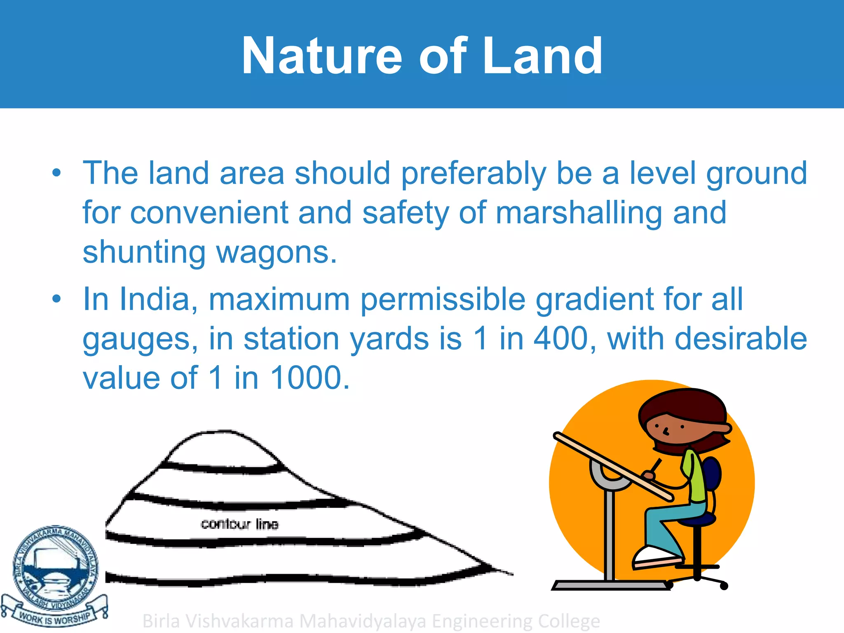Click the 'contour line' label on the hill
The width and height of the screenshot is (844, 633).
239,524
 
